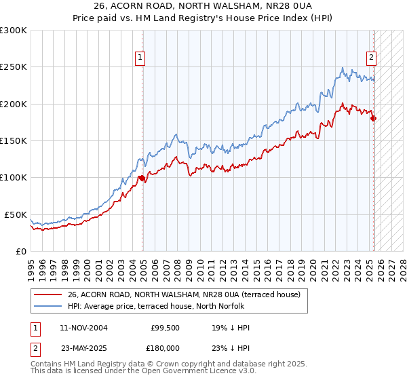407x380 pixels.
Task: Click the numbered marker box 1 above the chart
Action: pos(140,58)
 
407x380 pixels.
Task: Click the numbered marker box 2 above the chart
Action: pos(372,58)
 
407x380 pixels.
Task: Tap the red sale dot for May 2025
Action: pos(374,119)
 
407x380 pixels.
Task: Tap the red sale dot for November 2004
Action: pos(142,178)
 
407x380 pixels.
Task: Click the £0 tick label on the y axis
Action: pos(22,251)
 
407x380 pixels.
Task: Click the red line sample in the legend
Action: pos(47,294)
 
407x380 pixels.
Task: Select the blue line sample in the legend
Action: pos(47,306)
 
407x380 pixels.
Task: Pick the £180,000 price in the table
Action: pos(165,347)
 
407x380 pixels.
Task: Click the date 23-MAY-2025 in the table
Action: pos(83,347)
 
